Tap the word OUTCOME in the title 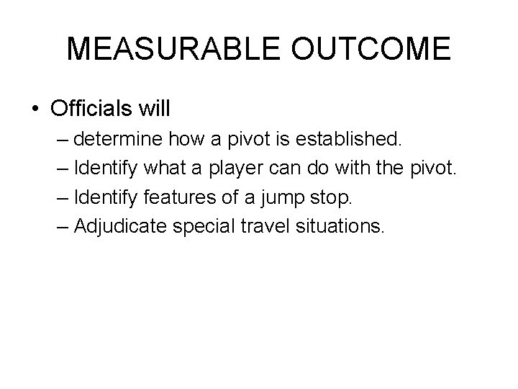(x=372, y=50)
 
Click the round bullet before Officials (x=36, y=110)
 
